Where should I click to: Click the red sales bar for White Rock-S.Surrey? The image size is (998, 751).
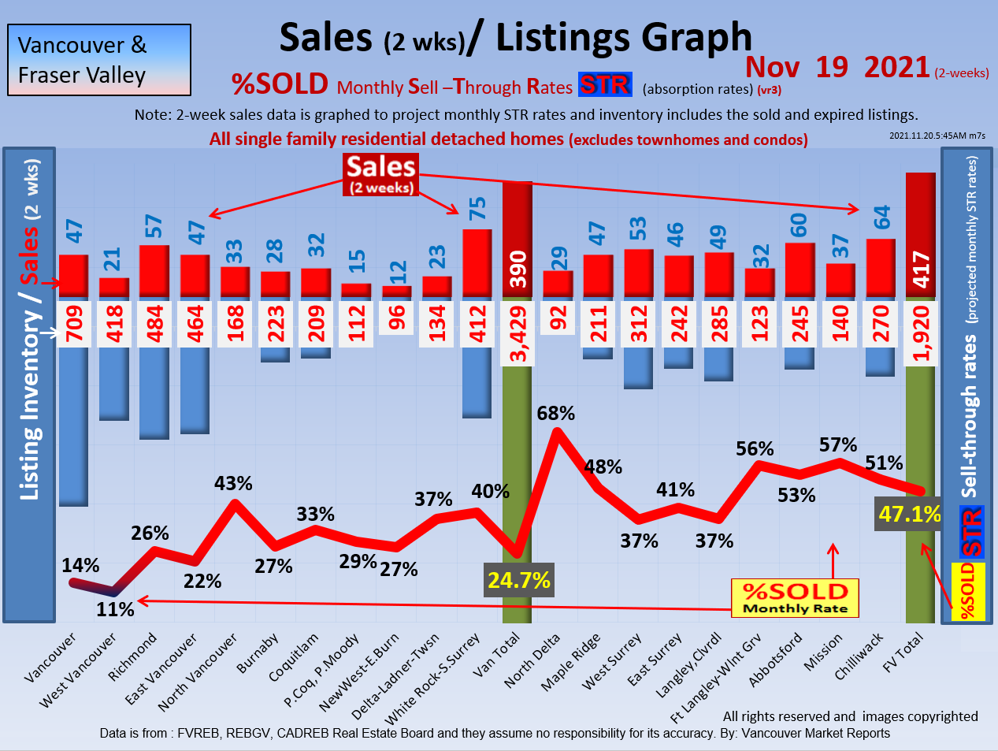tap(477, 263)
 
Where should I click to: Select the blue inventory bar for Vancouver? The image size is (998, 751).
tap(73, 426)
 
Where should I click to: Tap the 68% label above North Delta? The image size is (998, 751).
tap(555, 413)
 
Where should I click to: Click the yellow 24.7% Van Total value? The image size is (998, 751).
tap(518, 581)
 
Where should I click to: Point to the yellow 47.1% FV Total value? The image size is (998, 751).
tap(910, 515)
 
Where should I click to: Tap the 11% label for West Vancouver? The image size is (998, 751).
tap(115, 609)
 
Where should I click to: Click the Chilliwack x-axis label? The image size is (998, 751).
tap(859, 657)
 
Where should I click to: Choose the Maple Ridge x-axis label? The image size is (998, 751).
tap(570, 663)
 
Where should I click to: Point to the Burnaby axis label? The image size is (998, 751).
tap(258, 655)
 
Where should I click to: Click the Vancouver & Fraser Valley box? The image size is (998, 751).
tap(99, 60)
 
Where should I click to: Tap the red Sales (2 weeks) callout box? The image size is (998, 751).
tap(381, 174)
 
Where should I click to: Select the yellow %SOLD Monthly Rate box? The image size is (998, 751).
tap(795, 598)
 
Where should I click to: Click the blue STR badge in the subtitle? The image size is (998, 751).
tap(604, 84)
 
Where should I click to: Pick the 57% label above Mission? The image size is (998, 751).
tap(837, 445)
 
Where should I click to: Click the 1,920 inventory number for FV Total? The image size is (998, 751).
tap(921, 334)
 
